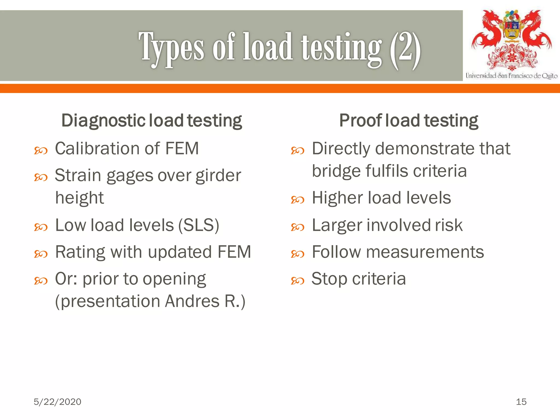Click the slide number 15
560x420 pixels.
click(x=521, y=402)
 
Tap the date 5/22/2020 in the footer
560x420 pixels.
click(x=57, y=402)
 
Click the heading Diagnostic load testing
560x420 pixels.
click(x=151, y=121)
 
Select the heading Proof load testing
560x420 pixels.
click(x=409, y=121)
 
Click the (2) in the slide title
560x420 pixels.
click(x=405, y=49)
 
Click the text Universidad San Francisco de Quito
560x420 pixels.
click(x=511, y=76)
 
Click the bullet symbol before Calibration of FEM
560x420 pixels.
click(x=41, y=151)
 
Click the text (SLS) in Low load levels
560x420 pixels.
click(x=199, y=225)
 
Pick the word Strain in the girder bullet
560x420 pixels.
click(x=78, y=175)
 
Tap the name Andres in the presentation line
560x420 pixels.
click(x=192, y=301)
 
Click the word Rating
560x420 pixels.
click(x=80, y=252)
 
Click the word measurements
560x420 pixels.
click(x=425, y=252)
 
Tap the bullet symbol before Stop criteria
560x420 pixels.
click(x=297, y=281)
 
